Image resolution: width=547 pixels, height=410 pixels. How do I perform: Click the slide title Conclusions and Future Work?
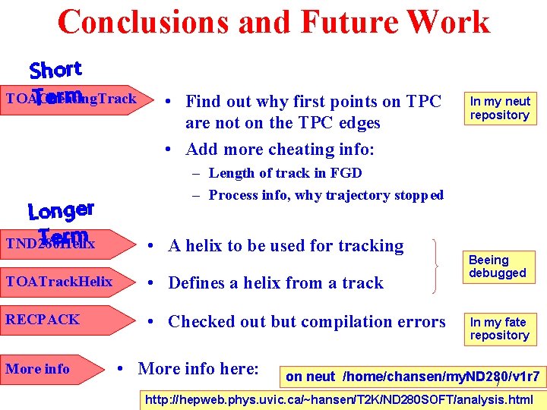273,21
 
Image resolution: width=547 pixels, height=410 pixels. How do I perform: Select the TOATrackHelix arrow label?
59,282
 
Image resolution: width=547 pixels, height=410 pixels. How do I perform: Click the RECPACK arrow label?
43,320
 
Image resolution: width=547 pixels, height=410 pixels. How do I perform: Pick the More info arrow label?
38,369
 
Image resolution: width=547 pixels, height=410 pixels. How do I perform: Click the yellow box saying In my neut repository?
499,108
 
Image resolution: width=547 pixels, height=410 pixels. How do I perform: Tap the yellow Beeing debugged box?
498,266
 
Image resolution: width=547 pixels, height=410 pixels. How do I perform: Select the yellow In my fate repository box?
499,328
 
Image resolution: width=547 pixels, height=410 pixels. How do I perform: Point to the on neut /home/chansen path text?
413,377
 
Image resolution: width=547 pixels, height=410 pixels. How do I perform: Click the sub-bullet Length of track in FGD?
285,173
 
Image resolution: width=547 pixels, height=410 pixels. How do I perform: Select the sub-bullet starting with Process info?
326,195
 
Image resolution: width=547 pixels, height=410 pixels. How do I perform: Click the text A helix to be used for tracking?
286,245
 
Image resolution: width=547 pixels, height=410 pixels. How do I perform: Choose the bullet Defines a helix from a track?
276,282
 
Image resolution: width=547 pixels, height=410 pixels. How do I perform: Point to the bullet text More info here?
198,370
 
